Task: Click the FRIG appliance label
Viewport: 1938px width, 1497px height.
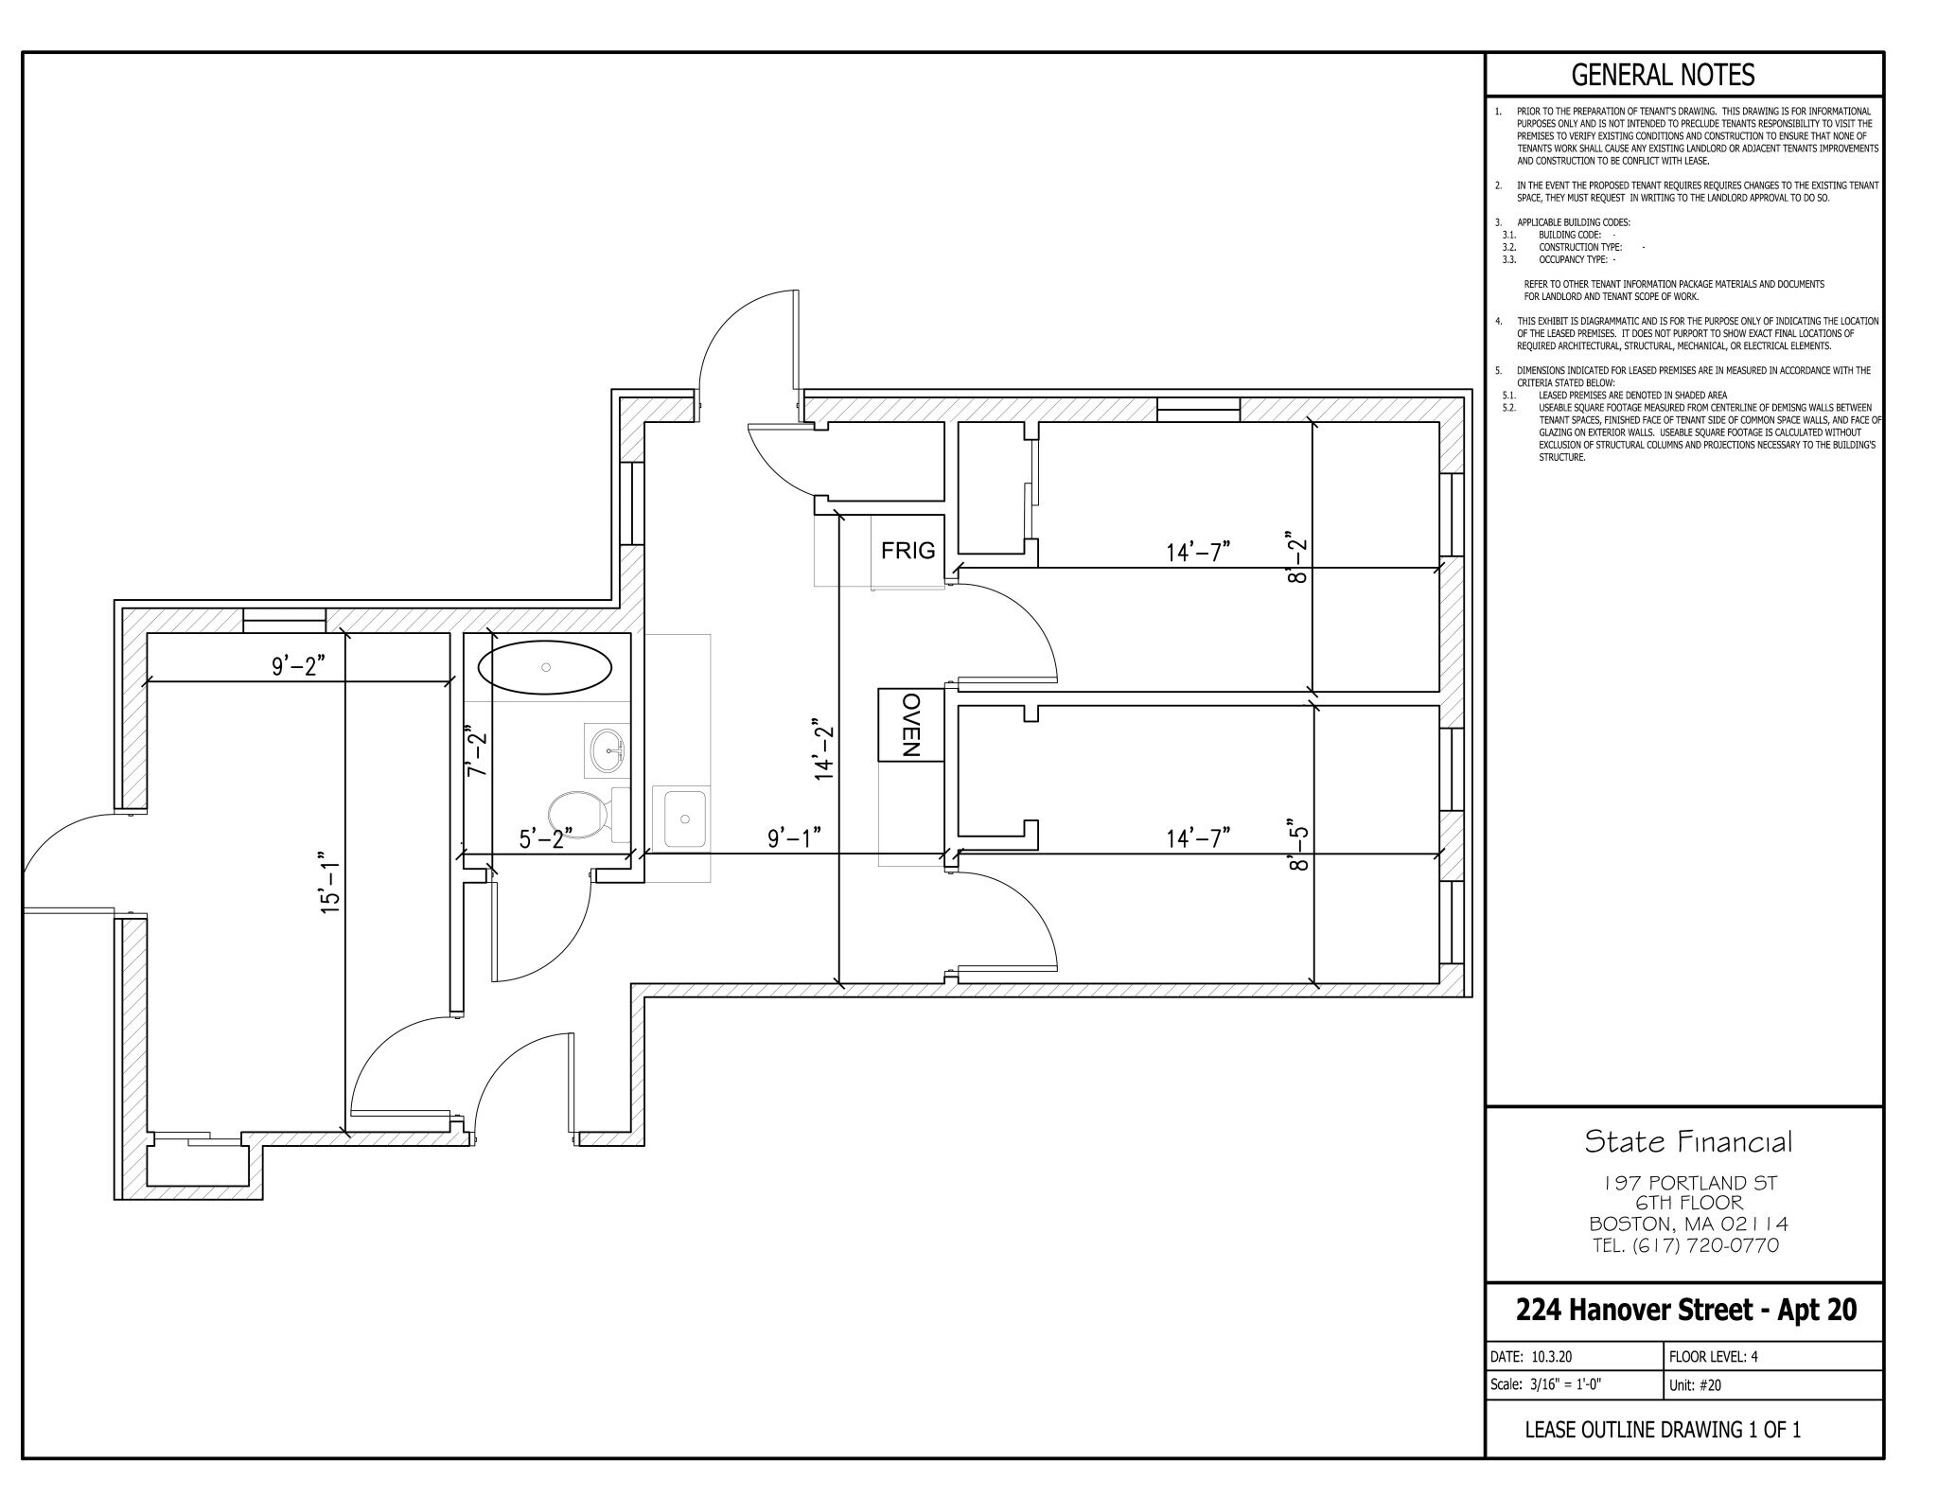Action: point(907,550)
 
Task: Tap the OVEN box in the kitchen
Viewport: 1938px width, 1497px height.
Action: point(910,725)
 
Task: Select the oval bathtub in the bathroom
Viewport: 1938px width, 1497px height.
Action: point(545,668)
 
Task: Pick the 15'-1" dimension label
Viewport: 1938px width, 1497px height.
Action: point(329,880)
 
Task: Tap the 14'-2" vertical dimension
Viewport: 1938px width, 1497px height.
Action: point(825,749)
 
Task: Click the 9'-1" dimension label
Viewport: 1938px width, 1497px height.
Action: point(793,837)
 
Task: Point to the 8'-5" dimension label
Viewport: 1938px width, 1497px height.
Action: point(1298,845)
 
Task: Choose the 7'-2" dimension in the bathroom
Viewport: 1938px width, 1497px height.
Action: point(476,751)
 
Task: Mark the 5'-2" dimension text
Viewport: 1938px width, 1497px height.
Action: point(546,838)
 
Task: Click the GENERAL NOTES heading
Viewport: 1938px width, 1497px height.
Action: point(1663,75)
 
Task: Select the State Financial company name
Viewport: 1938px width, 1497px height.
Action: point(1687,1142)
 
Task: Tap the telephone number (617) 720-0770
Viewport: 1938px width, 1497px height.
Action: point(1685,1245)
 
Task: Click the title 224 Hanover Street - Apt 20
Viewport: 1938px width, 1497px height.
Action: point(1685,1310)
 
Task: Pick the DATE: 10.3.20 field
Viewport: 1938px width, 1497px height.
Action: point(1530,1356)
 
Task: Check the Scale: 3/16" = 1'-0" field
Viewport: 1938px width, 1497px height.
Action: point(1545,1385)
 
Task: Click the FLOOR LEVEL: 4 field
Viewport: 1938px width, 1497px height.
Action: point(1713,1356)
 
